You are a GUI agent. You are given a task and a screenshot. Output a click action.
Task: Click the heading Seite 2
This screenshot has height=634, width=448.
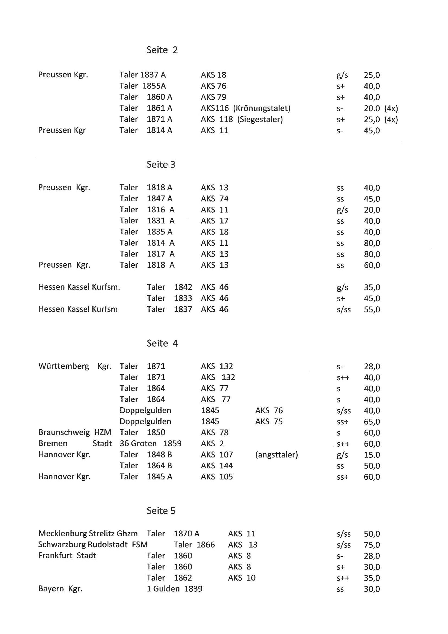click(x=162, y=50)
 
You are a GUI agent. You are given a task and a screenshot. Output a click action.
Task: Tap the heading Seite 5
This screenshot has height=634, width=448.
click(x=161, y=511)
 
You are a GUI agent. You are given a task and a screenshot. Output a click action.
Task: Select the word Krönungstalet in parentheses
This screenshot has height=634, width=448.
click(x=262, y=108)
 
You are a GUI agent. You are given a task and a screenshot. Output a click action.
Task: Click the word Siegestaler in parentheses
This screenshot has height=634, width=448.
click(x=260, y=119)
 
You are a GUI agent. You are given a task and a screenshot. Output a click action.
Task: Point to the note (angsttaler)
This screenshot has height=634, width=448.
click(x=276, y=455)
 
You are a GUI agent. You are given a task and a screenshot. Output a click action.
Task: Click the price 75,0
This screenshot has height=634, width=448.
click(x=372, y=545)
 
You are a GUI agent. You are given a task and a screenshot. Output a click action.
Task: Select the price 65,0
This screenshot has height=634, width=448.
click(x=372, y=422)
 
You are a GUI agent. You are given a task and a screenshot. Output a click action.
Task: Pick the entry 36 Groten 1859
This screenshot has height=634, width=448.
click(x=150, y=443)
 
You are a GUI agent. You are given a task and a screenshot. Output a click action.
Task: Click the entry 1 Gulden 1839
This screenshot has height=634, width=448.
click(x=175, y=589)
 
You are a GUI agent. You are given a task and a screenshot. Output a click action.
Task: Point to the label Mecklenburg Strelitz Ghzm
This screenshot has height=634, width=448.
click(x=88, y=533)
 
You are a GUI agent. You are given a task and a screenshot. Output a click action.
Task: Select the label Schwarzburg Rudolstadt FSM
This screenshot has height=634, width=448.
click(x=93, y=545)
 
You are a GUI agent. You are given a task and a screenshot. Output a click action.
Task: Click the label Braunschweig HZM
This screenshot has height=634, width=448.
click(x=75, y=433)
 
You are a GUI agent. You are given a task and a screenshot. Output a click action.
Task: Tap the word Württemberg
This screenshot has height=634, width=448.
click(x=64, y=366)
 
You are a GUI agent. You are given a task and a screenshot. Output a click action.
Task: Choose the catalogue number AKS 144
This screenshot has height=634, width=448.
click(x=217, y=466)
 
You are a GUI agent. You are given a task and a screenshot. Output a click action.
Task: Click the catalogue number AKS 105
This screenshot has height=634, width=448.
click(x=217, y=477)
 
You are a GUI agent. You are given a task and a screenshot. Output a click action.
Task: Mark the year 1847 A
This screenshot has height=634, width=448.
click(x=159, y=198)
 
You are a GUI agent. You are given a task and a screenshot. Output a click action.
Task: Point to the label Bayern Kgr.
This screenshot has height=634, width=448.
click(x=60, y=589)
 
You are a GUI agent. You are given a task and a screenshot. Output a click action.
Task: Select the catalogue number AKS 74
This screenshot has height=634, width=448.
click(x=214, y=198)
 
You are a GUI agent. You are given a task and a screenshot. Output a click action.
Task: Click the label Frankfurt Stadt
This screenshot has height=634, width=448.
click(x=67, y=556)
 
